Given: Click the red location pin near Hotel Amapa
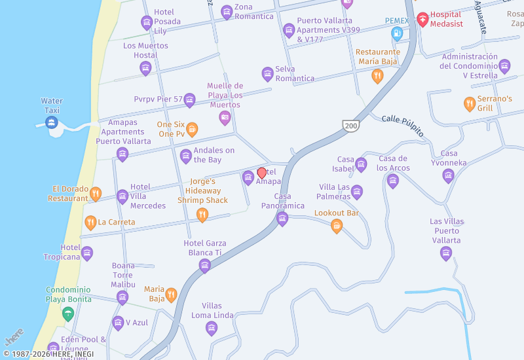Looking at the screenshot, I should pos(262,173).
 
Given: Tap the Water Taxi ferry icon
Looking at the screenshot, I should pos(52,122).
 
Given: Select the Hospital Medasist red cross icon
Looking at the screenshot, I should pos(422,18).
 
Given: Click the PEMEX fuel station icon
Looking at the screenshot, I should pos(396,33).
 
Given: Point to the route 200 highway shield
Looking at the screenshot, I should pos(350,125).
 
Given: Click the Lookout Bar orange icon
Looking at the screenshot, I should pos(337,226).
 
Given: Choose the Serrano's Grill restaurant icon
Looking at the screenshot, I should pos(469,103).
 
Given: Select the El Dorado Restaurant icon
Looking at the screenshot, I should pos(96,193).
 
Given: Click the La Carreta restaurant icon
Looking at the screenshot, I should pos(90,223).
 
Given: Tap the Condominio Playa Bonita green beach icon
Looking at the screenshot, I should pos(67,314).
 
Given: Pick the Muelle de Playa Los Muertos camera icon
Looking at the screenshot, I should pos(225,118).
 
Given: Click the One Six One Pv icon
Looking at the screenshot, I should pos(192,129).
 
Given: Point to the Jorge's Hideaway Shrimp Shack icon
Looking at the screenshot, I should pos(202,214).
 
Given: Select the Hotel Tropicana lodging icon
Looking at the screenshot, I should pos(87,253).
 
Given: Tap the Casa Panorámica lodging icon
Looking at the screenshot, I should pos(282,219).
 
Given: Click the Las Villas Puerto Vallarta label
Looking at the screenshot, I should pos(447,230).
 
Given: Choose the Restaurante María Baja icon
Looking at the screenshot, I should pos(377,76).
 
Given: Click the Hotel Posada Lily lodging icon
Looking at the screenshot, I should pos(147,23).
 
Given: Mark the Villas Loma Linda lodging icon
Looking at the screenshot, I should pos(211,328).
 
